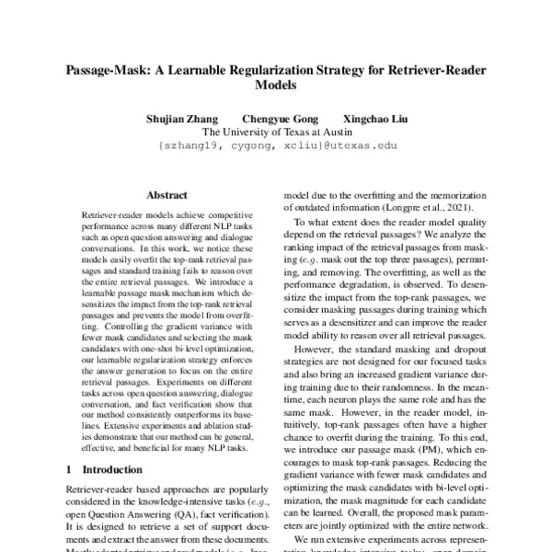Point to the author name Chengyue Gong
point(277,118)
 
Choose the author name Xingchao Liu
point(372,118)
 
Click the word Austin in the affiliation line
point(334,132)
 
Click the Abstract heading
point(167,195)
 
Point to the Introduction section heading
point(117,468)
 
